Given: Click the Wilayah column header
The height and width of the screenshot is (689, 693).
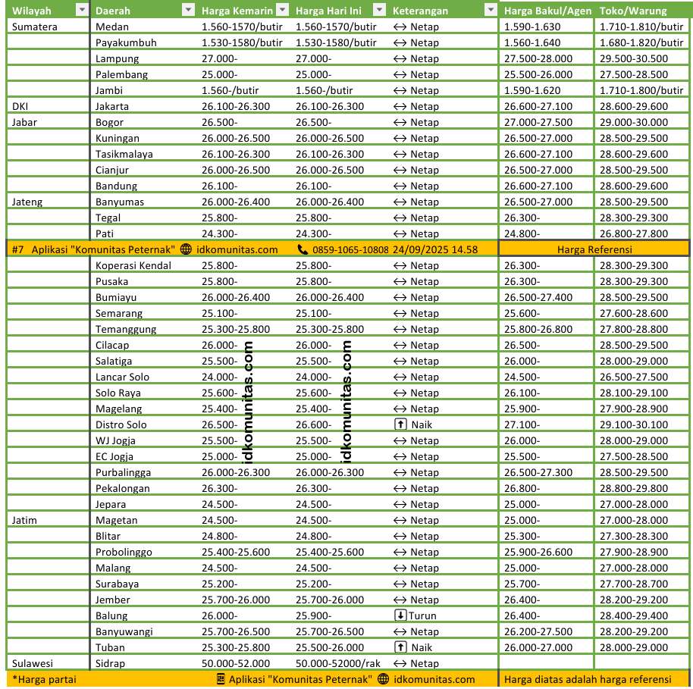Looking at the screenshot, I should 27,11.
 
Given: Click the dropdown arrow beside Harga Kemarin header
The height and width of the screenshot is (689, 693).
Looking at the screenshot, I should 282,11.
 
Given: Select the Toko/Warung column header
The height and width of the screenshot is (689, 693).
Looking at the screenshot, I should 632,11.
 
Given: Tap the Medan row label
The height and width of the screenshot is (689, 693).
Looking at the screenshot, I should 111,27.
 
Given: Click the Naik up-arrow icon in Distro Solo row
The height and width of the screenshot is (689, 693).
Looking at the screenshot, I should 400,424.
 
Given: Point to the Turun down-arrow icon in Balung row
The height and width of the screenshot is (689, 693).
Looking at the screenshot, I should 400,615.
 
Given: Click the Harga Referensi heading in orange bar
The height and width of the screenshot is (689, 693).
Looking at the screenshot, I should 594,249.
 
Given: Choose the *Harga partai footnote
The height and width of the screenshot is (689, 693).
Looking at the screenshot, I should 44,679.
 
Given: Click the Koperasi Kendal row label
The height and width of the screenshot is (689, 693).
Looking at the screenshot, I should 133,265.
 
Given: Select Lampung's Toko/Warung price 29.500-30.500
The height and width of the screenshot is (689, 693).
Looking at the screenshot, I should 633,58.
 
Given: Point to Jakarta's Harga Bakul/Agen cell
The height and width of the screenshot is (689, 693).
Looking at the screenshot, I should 538,106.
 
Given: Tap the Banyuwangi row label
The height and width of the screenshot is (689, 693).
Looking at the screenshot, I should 125,631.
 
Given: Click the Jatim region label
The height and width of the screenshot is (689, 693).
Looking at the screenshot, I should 25,520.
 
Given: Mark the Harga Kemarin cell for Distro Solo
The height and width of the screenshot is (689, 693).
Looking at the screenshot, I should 220,424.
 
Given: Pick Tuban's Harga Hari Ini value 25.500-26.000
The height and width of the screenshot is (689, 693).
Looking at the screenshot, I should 329,647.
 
